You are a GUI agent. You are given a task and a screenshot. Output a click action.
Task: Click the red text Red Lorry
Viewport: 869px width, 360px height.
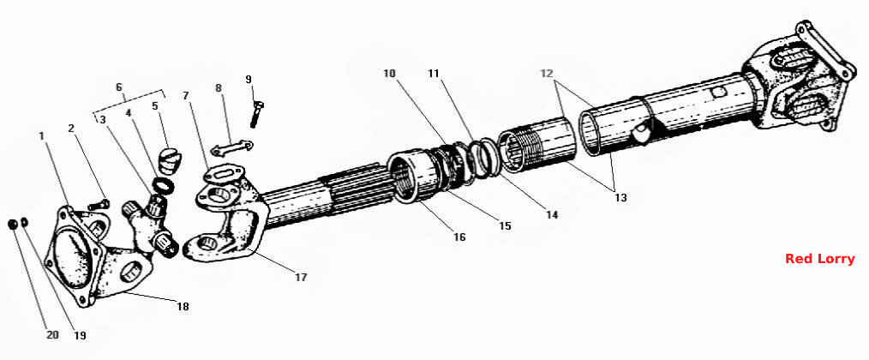point(819,259)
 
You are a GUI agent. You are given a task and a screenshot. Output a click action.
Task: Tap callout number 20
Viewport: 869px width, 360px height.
point(52,335)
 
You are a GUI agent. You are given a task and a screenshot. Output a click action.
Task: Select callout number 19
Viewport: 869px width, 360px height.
point(81,336)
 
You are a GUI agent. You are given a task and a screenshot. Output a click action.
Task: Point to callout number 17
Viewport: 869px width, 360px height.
point(301,277)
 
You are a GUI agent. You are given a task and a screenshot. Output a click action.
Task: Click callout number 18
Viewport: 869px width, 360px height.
point(183,306)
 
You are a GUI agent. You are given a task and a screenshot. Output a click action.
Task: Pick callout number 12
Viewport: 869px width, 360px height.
point(548,73)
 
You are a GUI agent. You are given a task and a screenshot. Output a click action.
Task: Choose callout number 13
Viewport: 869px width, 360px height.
point(620,197)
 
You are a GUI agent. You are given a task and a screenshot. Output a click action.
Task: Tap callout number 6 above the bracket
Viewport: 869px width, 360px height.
point(118,87)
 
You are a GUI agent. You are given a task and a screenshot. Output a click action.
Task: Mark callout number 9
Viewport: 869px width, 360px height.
point(249,80)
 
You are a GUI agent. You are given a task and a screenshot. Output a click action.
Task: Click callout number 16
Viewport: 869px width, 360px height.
point(459,237)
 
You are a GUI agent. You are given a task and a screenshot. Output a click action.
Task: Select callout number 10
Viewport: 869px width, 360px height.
point(390,73)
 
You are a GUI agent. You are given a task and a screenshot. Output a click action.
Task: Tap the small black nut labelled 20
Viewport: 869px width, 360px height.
point(12,224)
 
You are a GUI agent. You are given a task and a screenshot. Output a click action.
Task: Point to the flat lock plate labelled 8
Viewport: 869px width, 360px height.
point(231,147)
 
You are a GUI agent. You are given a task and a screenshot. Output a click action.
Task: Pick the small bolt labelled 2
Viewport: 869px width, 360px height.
point(99,205)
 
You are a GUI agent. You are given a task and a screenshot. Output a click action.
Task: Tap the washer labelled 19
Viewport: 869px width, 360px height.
point(25,223)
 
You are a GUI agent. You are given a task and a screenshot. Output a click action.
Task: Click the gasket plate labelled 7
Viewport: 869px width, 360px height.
point(222,174)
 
